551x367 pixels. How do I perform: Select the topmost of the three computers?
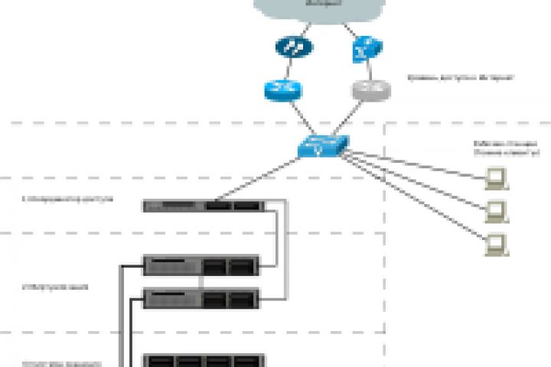496,178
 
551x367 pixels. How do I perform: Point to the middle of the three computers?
496,210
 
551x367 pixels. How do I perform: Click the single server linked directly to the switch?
204,205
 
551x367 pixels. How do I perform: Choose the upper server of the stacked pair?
202,265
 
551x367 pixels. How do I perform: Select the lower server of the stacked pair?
202,298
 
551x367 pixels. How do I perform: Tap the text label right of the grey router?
459,77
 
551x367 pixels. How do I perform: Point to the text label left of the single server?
68,199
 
